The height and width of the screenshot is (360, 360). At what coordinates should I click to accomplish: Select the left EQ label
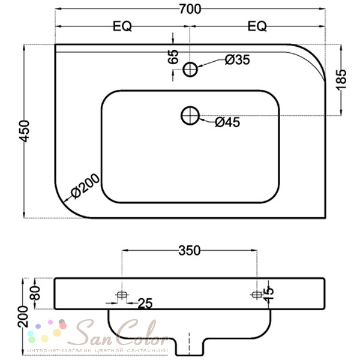[x=122, y=26]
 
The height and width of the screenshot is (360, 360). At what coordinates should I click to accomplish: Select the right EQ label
[x=257, y=26]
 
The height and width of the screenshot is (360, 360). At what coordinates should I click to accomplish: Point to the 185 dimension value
[x=341, y=79]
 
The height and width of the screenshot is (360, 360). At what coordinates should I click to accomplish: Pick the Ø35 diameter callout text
[x=237, y=59]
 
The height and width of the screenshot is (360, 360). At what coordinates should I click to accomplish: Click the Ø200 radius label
[x=84, y=190]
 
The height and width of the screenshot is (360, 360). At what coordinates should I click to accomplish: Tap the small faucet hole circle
[x=191, y=70]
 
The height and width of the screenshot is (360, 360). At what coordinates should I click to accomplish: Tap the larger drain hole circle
[x=190, y=115]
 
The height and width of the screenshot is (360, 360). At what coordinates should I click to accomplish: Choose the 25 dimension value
[x=145, y=304]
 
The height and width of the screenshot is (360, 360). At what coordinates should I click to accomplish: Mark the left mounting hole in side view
[x=122, y=295]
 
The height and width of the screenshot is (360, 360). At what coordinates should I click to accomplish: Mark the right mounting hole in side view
[x=257, y=295]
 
